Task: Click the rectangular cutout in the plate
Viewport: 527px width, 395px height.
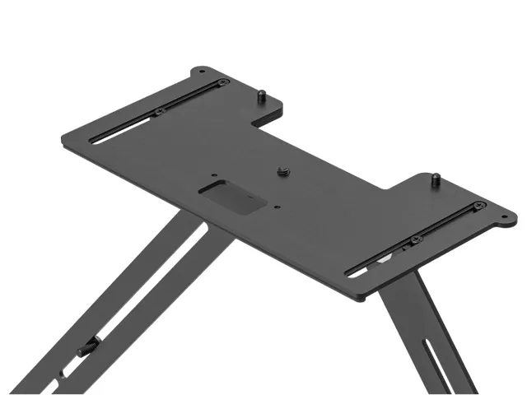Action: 232,198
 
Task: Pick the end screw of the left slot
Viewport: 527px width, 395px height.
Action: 221,82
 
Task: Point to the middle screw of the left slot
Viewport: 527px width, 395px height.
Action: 159,112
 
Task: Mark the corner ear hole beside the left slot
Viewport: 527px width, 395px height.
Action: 202,74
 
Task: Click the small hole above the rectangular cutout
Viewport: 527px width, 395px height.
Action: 213,174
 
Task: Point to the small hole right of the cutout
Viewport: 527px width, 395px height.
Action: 280,207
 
